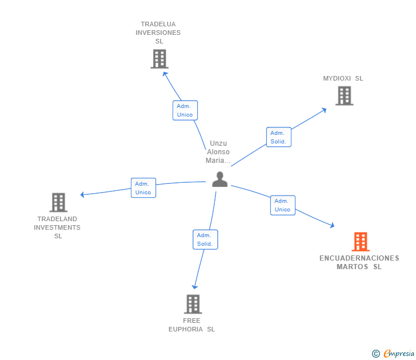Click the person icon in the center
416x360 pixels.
(219, 179)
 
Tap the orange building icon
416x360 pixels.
(360, 242)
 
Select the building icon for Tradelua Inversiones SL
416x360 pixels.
(159, 58)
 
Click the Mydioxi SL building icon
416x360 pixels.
(344, 95)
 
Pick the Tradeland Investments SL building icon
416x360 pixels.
(58, 202)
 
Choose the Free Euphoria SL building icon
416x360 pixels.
(193, 304)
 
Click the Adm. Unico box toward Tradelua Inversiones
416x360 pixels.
(185, 110)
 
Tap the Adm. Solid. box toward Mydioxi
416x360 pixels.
(279, 137)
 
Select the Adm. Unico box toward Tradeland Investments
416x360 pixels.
(143, 188)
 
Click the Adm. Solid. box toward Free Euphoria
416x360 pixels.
(205, 239)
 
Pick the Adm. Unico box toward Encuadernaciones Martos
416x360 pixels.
(282, 205)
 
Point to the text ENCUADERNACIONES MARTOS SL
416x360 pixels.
(359, 262)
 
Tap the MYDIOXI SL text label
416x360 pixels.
(343, 78)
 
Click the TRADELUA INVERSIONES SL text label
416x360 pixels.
(158, 33)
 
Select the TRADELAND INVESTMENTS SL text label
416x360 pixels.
(57, 227)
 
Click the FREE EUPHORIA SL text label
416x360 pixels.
(191, 325)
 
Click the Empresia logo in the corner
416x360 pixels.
(398, 354)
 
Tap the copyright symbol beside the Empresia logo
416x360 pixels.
(376, 354)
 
